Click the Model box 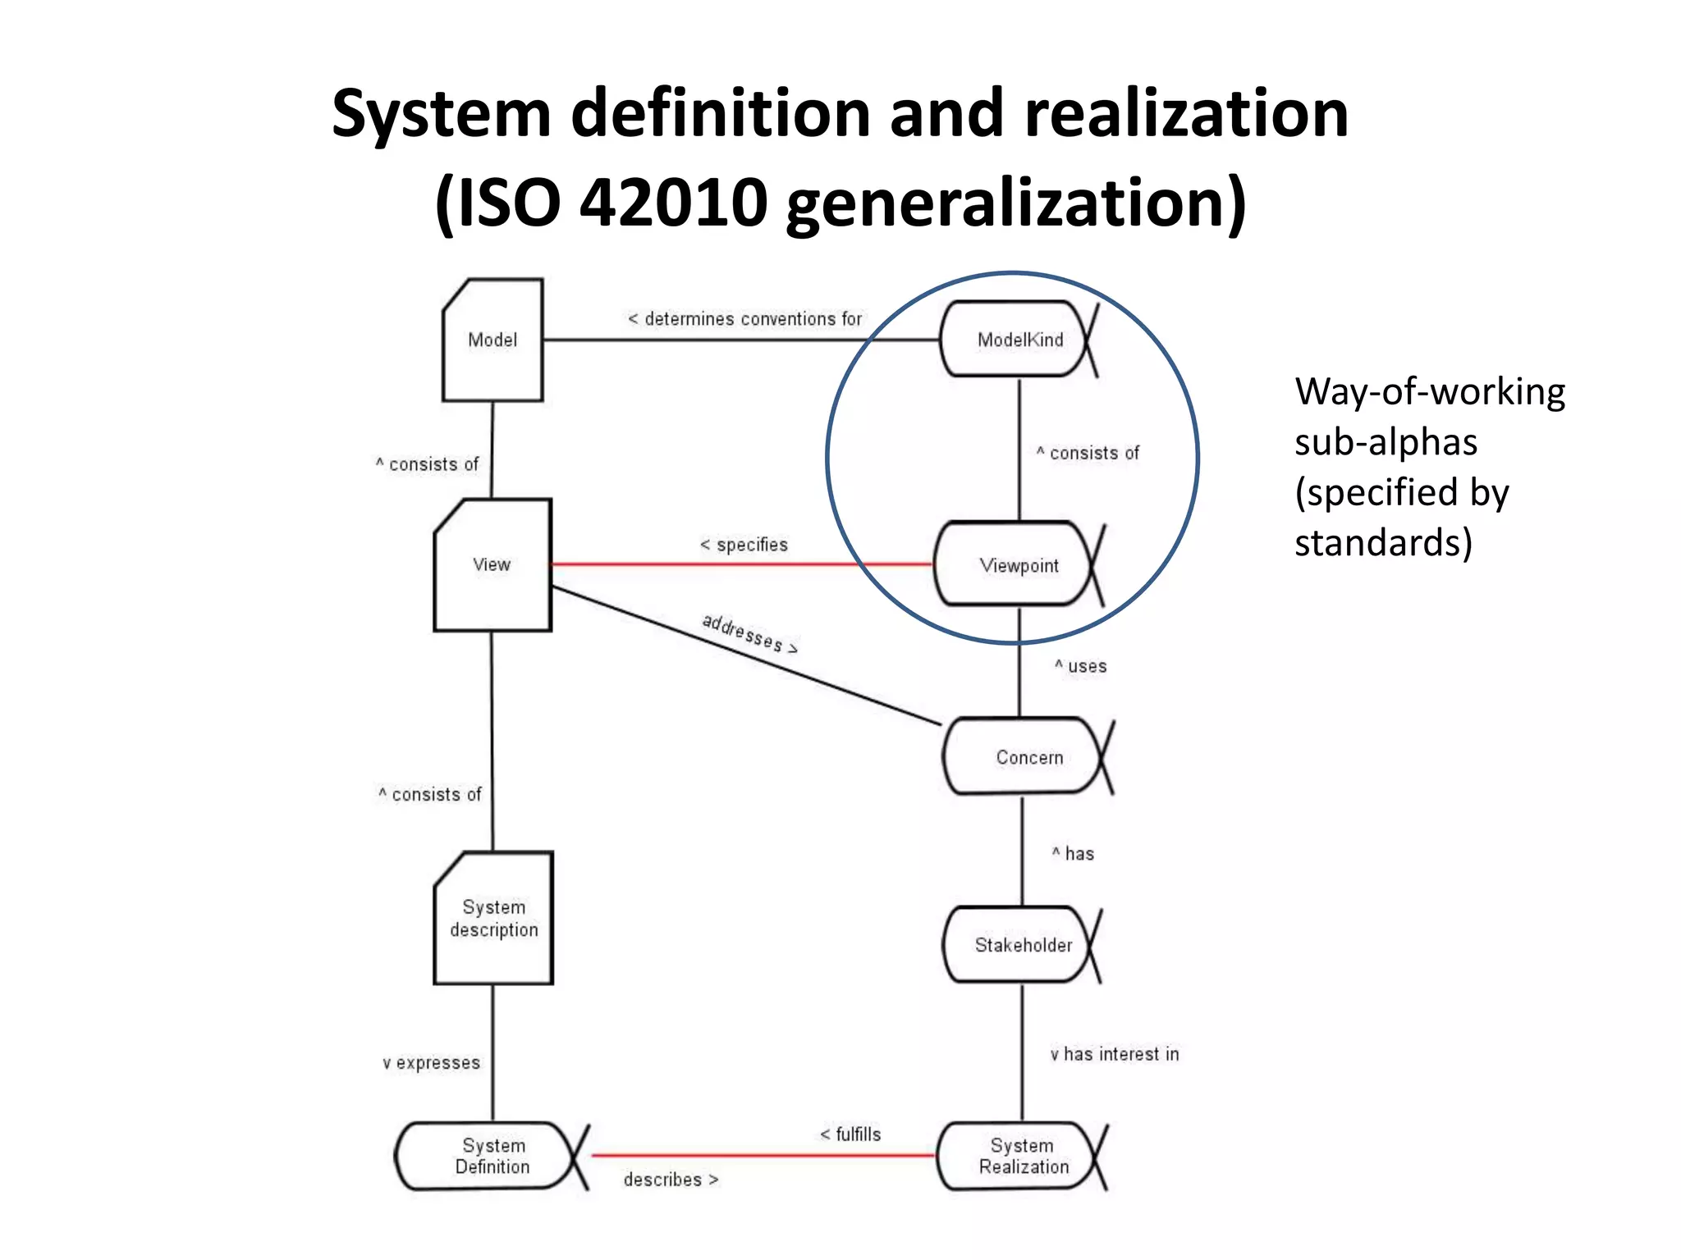(492, 340)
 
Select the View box (492, 565)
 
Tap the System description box (493, 918)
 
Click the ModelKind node (1018, 340)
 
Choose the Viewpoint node (1018, 565)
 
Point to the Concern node (1027, 757)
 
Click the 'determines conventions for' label (745, 319)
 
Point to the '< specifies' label (744, 545)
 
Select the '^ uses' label (1081, 666)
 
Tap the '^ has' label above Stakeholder (1074, 854)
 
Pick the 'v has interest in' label (1115, 1054)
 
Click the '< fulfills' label (850, 1134)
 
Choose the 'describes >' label (671, 1180)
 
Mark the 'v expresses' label (431, 1063)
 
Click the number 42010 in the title (673, 203)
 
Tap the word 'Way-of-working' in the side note (1430, 392)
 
